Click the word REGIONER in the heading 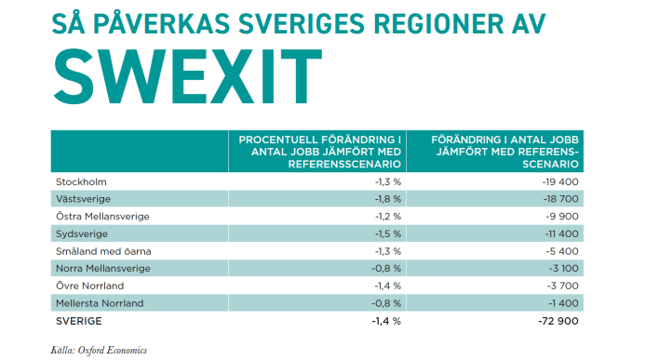(x=375, y=21)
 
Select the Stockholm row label (x=81, y=180)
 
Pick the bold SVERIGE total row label (x=79, y=321)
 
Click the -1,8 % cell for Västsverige (x=387, y=198)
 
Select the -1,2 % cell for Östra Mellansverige (x=387, y=216)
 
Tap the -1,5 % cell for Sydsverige (x=387, y=233)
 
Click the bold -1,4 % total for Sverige (x=385, y=321)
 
